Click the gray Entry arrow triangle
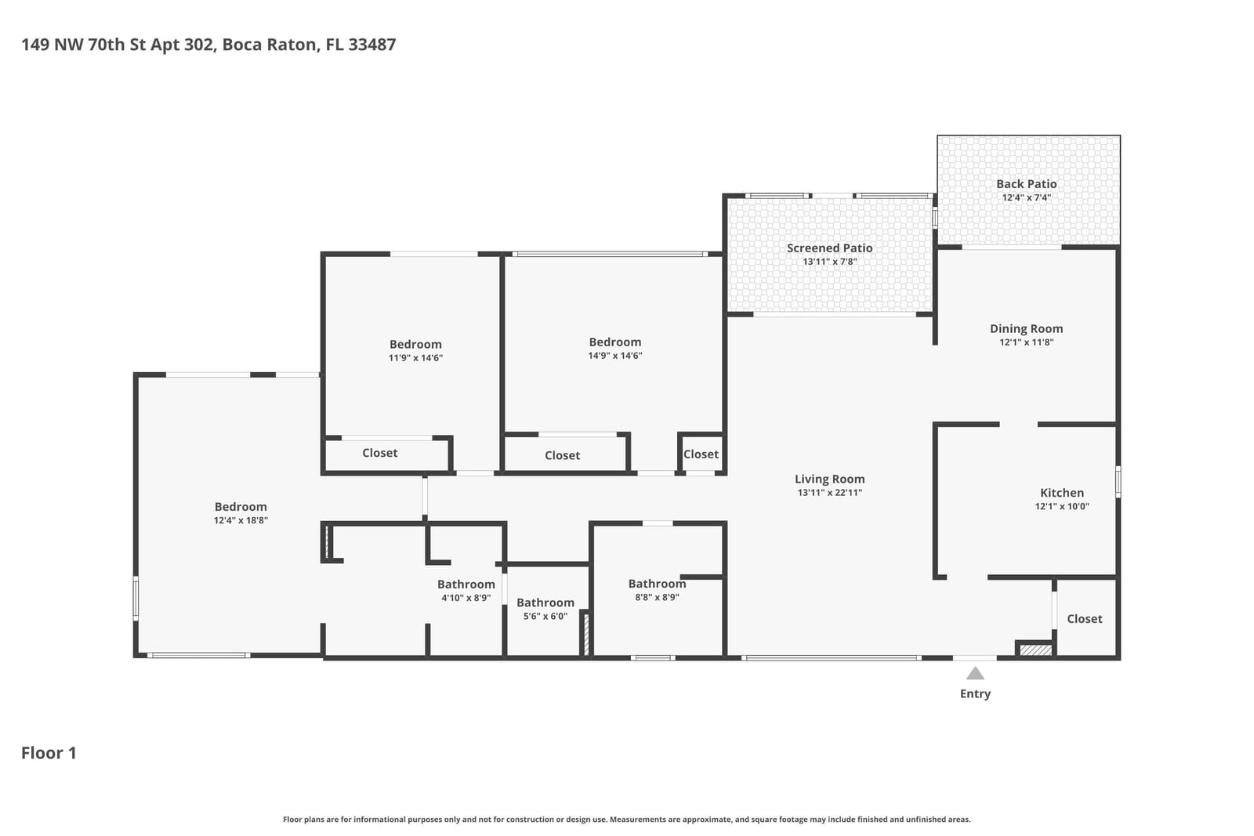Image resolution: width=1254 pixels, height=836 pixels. [975, 673]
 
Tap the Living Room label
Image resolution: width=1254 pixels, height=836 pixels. [830, 479]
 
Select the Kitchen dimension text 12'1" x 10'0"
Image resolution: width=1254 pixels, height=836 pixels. [1062, 506]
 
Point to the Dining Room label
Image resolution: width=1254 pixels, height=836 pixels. [1026, 329]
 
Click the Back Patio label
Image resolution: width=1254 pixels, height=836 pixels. [1026, 184]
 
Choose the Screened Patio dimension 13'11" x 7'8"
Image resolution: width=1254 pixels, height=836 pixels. [830, 262]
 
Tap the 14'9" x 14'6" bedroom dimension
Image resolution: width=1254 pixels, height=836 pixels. [614, 356]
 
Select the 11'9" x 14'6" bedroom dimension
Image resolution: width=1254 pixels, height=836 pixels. [415, 358]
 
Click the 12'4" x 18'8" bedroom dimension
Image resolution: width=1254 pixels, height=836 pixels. [241, 520]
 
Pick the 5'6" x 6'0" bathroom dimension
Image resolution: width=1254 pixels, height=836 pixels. [545, 617]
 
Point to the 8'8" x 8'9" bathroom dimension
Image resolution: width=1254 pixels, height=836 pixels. [657, 598]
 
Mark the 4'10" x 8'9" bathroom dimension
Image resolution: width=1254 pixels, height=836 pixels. [466, 598]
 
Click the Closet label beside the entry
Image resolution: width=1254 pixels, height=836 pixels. [1085, 619]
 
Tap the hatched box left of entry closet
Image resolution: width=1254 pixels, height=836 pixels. [1035, 650]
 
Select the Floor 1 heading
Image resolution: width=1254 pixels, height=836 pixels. [49, 753]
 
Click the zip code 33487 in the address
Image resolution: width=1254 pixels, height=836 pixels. [371, 45]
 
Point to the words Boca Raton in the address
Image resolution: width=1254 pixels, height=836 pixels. [270, 45]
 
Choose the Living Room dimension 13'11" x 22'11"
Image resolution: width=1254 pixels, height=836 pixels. [830, 493]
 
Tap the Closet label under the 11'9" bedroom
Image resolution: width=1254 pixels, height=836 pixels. [379, 453]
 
